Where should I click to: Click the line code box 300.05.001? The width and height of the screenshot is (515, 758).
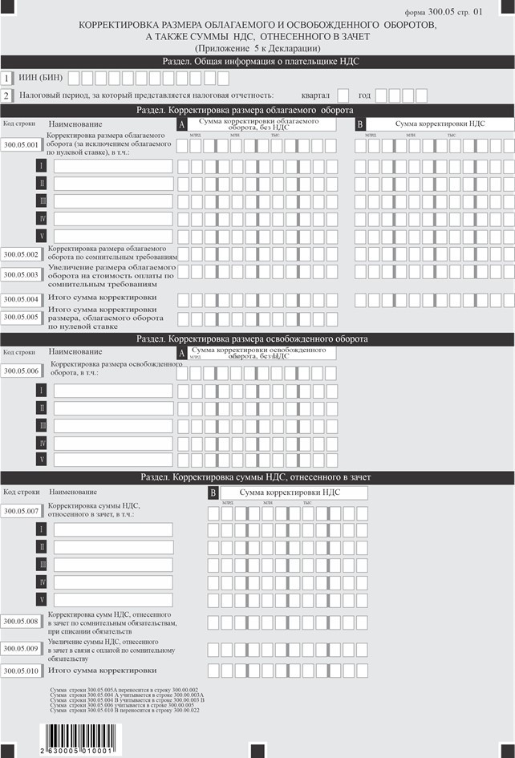point(22,145)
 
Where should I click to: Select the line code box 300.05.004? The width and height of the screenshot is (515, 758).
point(22,300)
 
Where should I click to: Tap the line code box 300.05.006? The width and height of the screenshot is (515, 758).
point(22,371)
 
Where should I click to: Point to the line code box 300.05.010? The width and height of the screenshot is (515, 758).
point(22,671)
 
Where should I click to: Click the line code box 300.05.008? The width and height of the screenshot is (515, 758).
point(22,622)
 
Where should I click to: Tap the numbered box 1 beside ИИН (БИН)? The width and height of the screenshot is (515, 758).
point(7,78)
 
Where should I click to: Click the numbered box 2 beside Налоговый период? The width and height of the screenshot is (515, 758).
point(7,95)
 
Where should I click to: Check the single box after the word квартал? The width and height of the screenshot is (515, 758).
point(343,95)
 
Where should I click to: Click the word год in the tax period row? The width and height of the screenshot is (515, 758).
point(364,95)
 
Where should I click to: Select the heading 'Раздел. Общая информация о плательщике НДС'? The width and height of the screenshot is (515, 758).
point(257,61)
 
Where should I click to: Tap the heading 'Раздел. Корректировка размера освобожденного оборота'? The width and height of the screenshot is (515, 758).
point(257,339)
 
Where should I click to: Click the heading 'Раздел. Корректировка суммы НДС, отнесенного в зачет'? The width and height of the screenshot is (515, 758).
point(257,477)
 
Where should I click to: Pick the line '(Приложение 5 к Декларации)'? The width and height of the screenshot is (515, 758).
point(257,49)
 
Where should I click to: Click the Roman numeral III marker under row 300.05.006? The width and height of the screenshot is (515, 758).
point(42,425)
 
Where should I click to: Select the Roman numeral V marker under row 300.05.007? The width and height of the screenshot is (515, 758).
point(42,599)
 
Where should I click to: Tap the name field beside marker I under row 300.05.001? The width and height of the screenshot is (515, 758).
point(113,166)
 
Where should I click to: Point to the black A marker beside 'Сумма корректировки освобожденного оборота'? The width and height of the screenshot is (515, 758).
point(182,354)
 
